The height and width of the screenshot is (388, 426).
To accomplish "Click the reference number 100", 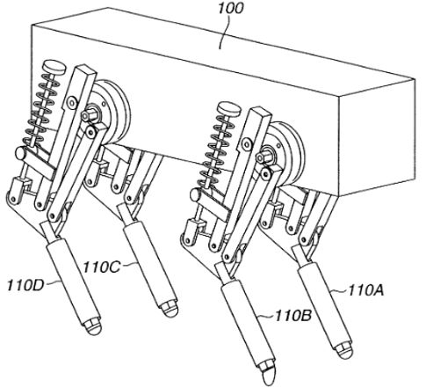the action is pyautogui.click(x=230, y=8).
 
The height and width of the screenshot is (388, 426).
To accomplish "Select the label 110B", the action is pyautogui.click(x=292, y=316).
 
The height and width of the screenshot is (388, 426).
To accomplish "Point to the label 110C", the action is pyautogui.click(x=102, y=267).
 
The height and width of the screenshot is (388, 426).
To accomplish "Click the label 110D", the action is pyautogui.click(x=25, y=285).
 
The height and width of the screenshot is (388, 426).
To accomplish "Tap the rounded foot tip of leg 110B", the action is pyautogui.click(x=269, y=376).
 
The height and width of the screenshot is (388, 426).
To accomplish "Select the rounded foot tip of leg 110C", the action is pyautogui.click(x=170, y=311).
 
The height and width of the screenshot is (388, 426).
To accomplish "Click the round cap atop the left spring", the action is pyautogui.click(x=54, y=67).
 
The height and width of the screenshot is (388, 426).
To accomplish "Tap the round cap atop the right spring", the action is pyautogui.click(x=229, y=108).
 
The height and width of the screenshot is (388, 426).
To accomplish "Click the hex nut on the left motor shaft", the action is pyautogui.click(x=89, y=114).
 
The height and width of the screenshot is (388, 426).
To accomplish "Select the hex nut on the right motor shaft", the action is pyautogui.click(x=264, y=157).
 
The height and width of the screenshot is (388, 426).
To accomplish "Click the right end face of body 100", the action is pyautogui.click(x=377, y=137).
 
